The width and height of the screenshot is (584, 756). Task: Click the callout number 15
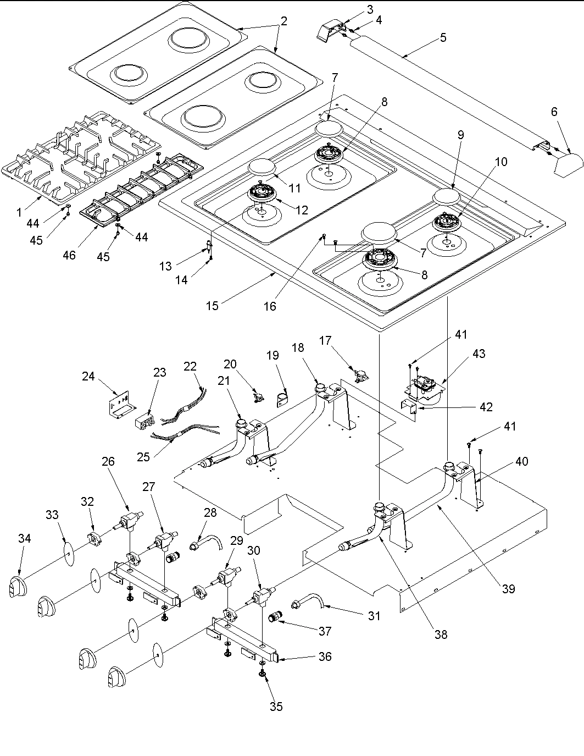coord(212,306)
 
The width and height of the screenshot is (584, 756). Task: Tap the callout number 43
coord(479,354)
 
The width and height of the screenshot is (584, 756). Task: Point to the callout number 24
coord(88,376)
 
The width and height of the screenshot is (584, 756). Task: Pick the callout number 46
coord(69,255)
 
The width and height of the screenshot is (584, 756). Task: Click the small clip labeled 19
coord(282,399)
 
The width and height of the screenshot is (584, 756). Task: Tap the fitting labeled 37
coord(275,618)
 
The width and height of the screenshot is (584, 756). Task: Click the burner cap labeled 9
coord(447,197)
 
